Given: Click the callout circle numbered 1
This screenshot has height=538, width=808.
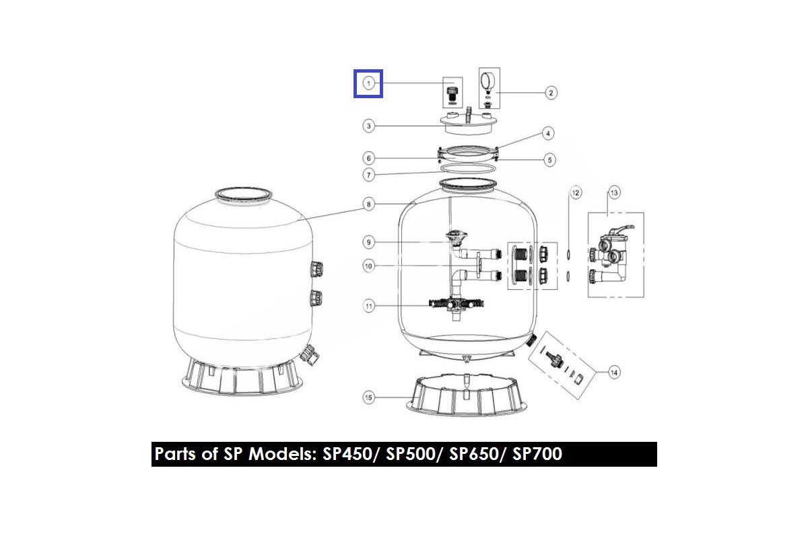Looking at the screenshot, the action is coord(368,83).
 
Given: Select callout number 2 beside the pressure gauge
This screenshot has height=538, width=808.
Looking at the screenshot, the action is coord(551,93).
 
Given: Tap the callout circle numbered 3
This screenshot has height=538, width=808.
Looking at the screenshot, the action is coord(368,126).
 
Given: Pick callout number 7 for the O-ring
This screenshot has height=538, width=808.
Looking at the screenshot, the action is coord(368,175).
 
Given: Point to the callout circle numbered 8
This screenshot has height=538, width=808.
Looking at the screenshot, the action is coord(368,204).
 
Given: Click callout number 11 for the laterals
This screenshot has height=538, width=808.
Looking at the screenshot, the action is coord(368,307).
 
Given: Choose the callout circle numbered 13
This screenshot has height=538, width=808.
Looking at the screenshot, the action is coord(614,193).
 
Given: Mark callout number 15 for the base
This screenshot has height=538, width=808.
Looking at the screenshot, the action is coord(368,397).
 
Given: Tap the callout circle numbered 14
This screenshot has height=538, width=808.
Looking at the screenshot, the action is coord(614,373).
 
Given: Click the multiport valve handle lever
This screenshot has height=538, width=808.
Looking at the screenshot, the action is coord(624,231).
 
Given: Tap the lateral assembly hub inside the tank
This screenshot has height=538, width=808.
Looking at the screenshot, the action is coord(457,305).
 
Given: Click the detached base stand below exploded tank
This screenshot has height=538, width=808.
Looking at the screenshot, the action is coord(467,395).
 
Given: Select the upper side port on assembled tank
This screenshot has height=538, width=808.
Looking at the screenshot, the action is coord(316,269).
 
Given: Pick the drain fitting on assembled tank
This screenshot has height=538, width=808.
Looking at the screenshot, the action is coord(310,354).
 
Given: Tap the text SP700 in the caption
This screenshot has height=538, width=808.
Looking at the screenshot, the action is coord(537,453).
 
